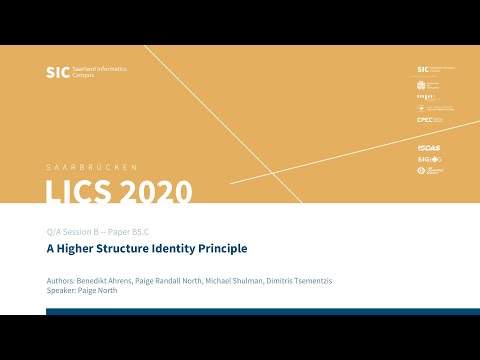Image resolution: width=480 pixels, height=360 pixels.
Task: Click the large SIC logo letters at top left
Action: [58, 72]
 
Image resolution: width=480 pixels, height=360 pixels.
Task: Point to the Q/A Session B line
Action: [102, 230]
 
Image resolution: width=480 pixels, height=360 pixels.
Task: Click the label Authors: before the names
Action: [61, 282]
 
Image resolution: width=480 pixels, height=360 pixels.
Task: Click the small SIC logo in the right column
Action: [423, 70]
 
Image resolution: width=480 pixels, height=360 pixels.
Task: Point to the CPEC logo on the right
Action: [424, 120]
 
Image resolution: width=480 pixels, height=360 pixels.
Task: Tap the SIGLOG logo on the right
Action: [427, 159]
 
